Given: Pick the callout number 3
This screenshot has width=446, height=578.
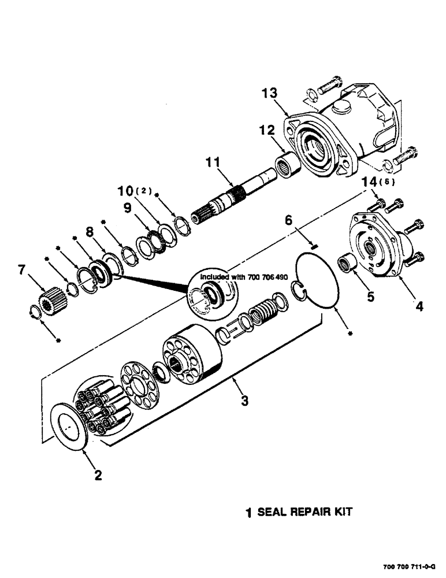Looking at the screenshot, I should (x=245, y=400).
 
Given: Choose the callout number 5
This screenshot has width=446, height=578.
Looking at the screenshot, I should (x=370, y=297).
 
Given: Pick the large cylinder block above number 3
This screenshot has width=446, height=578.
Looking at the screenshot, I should (x=194, y=355).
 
